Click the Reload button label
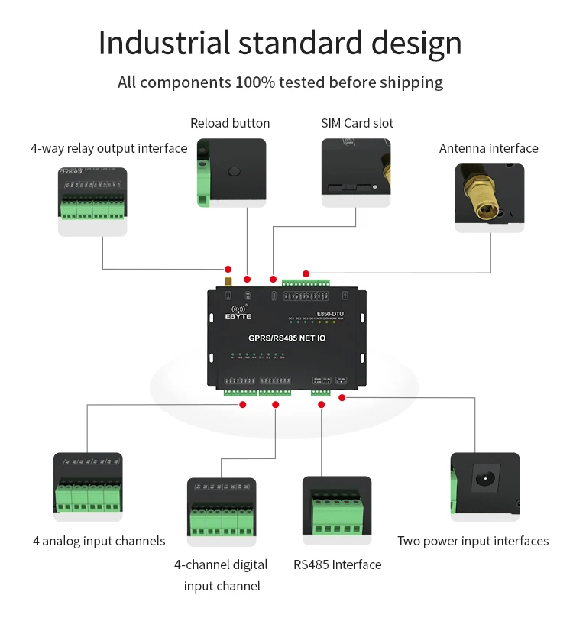click(230, 123)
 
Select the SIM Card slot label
click(358, 123)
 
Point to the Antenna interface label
click(488, 148)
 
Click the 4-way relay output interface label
click(108, 148)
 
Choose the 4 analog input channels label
click(99, 541)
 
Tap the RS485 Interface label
click(337, 564)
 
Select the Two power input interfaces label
click(472, 541)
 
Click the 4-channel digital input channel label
click(222, 575)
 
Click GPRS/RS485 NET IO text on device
click(286, 337)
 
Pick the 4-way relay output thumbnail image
click(92, 201)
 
